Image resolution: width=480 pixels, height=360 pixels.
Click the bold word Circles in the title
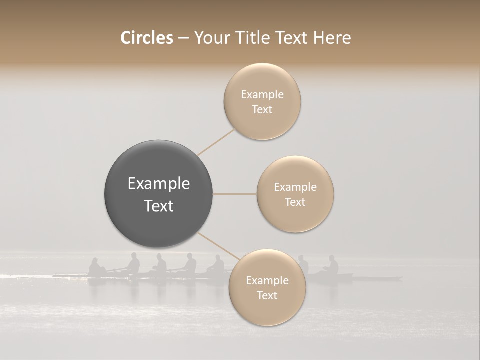(x=146, y=38)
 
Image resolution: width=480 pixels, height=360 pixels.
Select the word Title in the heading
(x=252, y=38)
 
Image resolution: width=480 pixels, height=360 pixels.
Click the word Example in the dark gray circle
(x=159, y=184)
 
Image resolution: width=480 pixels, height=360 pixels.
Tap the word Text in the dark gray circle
(x=159, y=206)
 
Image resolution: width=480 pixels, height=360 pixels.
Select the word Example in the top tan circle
(x=262, y=95)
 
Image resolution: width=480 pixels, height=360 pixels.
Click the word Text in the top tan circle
(x=262, y=110)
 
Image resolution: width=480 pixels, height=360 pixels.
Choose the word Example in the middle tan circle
(x=295, y=187)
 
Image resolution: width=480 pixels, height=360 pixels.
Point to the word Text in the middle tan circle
(x=295, y=202)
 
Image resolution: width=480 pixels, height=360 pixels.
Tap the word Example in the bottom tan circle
(x=267, y=281)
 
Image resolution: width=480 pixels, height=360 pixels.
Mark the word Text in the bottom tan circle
(x=267, y=296)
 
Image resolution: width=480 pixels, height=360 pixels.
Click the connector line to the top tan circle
(x=216, y=142)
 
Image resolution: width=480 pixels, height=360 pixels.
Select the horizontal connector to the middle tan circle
(x=234, y=194)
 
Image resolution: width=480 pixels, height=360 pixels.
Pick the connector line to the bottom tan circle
(x=218, y=246)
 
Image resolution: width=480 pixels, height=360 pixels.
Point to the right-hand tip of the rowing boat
(x=400, y=278)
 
